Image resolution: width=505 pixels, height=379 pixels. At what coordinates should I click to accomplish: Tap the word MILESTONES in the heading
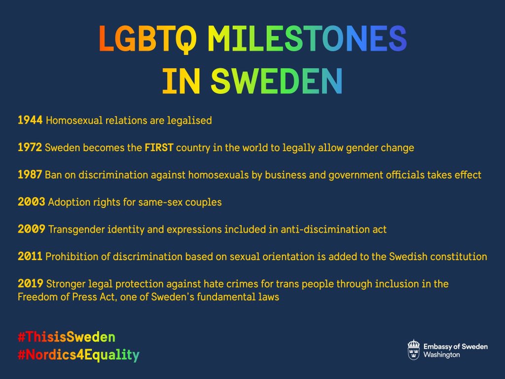[307, 39]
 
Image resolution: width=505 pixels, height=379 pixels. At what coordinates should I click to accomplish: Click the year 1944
[30, 120]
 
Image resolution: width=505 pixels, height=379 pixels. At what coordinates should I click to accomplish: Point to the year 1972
[30, 147]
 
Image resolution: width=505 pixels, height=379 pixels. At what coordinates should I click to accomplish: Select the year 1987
[30, 175]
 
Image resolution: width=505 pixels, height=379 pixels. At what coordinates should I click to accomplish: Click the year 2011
[30, 256]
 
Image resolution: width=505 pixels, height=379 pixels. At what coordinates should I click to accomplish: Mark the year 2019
[31, 284]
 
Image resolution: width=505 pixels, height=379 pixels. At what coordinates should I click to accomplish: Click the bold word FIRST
[159, 147]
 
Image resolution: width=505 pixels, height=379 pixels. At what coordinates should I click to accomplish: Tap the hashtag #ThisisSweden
[66, 338]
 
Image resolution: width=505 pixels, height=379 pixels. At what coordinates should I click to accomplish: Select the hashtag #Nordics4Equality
[78, 354]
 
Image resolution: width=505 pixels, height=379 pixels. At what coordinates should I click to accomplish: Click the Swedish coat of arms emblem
[414, 350]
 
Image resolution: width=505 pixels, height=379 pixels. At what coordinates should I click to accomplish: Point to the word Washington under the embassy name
[442, 355]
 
